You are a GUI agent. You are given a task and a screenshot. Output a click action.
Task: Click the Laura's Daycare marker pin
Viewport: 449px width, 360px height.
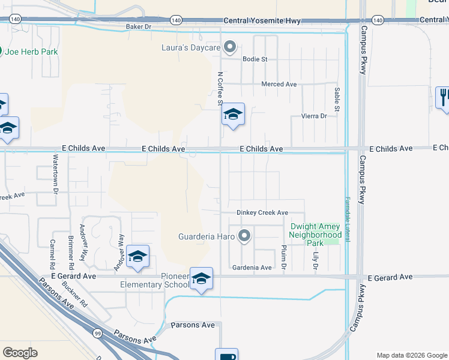[229, 47]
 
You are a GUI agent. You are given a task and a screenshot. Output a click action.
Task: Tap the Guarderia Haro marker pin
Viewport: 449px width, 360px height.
[244, 236]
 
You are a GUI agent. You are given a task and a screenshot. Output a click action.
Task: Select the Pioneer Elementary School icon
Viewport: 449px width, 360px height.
[202, 278]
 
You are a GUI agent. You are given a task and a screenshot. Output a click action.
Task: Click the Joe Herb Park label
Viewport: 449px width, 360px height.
[31, 52]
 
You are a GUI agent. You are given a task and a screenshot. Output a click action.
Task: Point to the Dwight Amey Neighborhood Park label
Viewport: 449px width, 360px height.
[315, 235]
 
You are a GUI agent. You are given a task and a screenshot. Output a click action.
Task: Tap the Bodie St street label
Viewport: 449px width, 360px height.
[255, 59]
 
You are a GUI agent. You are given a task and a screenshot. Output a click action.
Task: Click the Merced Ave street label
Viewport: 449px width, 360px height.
[279, 85]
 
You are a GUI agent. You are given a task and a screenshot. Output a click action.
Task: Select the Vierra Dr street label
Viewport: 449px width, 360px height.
[314, 116]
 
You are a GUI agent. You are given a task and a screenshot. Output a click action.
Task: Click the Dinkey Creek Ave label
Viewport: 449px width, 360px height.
[262, 212]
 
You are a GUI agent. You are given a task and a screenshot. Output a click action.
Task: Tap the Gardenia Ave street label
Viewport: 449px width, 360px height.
[252, 268]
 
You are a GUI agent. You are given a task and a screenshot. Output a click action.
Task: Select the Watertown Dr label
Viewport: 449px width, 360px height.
[55, 173]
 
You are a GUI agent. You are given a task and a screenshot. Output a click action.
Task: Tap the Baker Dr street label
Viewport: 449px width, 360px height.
[139, 27]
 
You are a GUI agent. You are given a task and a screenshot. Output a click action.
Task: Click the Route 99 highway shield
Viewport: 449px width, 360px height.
[97, 332]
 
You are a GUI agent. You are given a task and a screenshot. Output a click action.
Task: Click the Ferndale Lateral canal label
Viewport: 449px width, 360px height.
[347, 220]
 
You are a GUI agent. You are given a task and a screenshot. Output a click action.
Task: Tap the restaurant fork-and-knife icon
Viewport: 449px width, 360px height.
[444, 97]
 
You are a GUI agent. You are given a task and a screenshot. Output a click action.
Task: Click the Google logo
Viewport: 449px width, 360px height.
[20, 353]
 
